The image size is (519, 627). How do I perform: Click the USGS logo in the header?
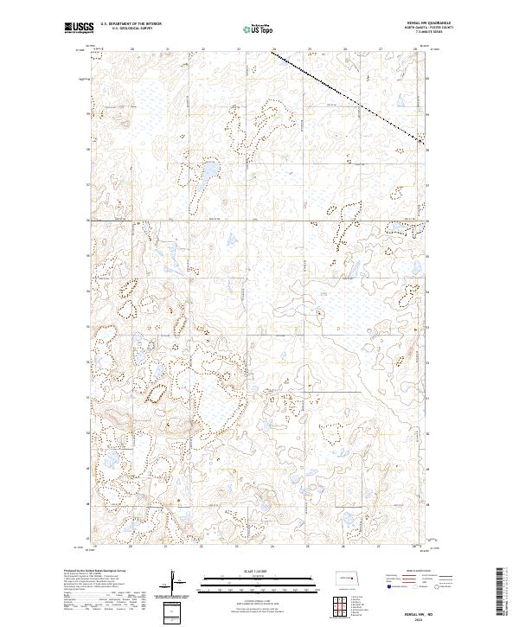[79, 28]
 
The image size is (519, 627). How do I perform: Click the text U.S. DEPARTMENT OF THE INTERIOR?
[130, 24]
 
